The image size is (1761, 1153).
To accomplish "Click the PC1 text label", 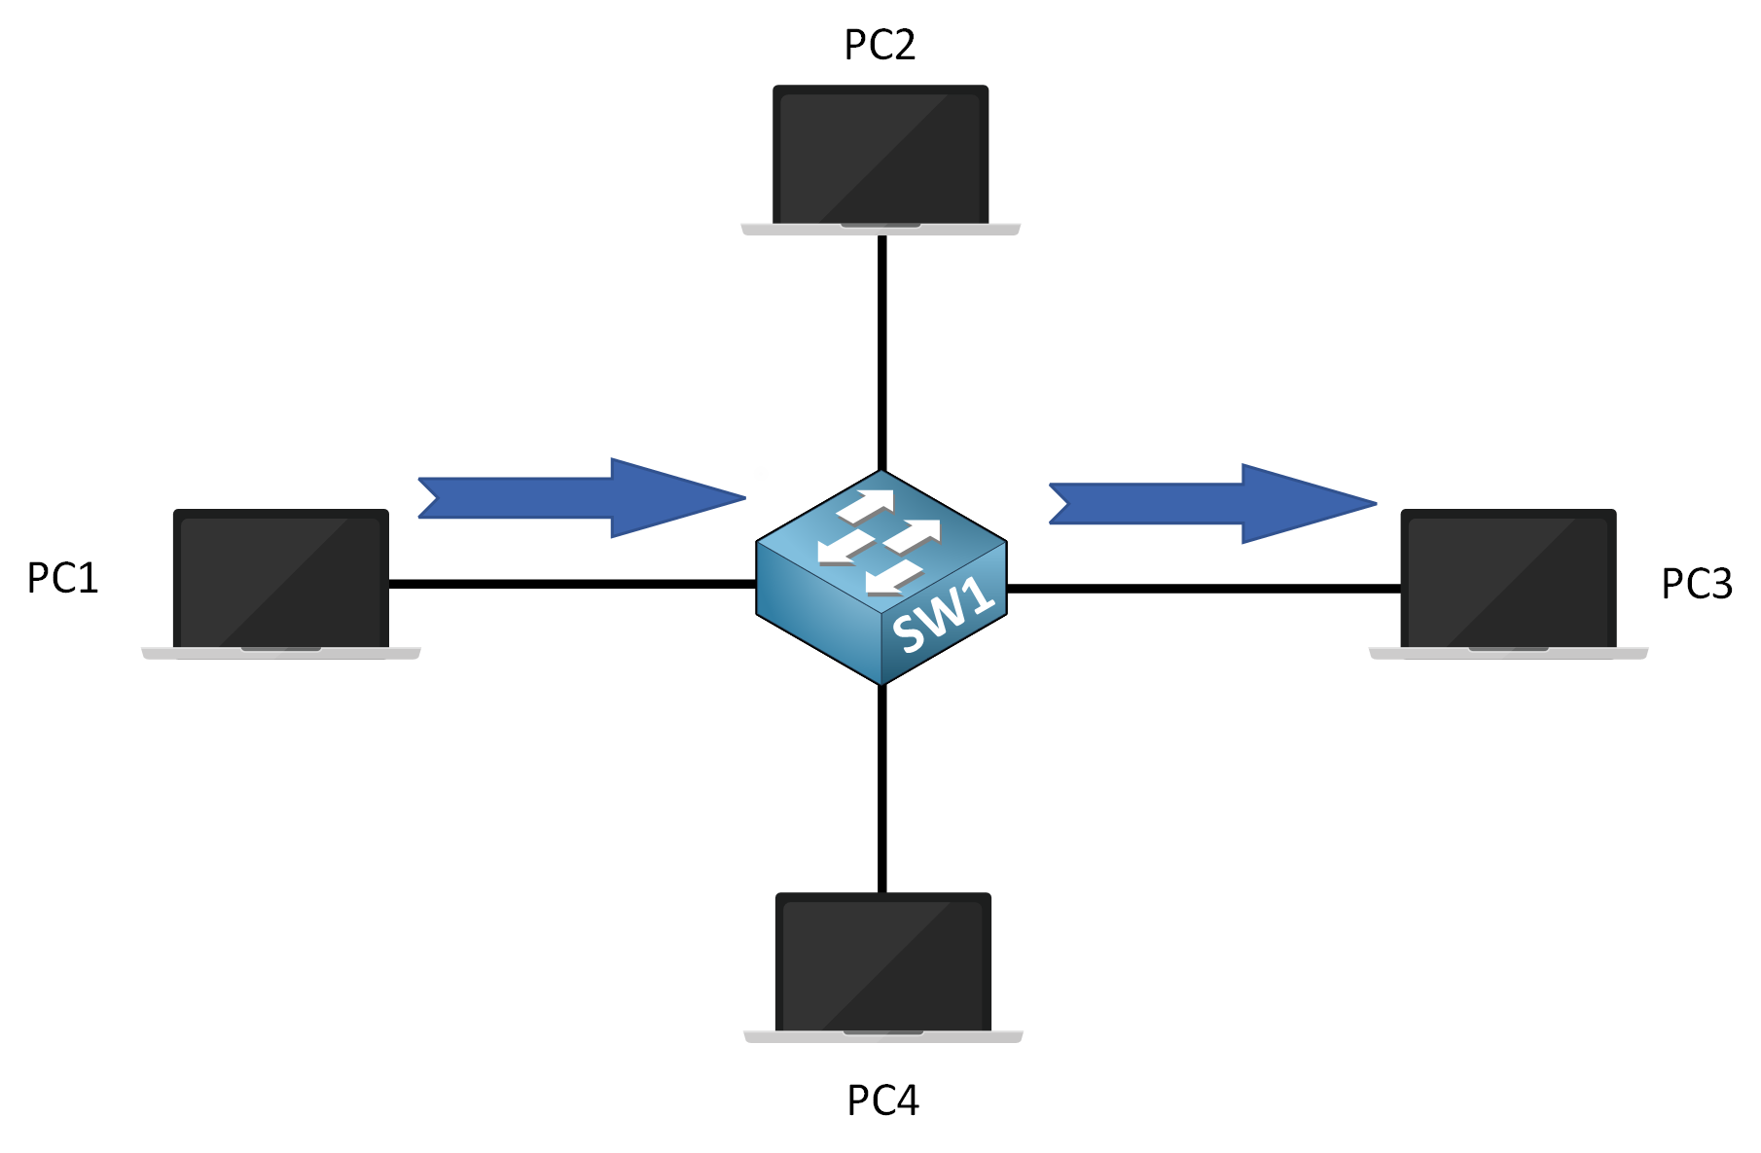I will coord(63,578).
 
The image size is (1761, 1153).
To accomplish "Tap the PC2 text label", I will coord(880,45).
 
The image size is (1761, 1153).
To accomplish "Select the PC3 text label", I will coord(1696,584).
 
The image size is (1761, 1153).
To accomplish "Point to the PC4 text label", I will coord(882,1100).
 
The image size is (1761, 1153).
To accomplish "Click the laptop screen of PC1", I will coord(281,578).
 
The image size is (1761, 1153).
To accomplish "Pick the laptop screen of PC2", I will coord(880,155).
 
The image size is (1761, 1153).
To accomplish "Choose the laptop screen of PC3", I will coord(1508,578).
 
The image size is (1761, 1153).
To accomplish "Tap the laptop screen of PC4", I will coord(883,962).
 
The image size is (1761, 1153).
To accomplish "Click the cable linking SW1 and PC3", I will coord(1204,589).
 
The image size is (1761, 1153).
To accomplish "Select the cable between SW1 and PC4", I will coord(881,788).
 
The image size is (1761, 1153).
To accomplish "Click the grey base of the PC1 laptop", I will coord(281,654).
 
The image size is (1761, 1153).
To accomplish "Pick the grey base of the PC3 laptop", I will coord(1508,654).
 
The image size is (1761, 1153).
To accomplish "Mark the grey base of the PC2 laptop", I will coord(880,230).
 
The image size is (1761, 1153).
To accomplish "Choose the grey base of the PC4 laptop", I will coord(883,1037).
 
